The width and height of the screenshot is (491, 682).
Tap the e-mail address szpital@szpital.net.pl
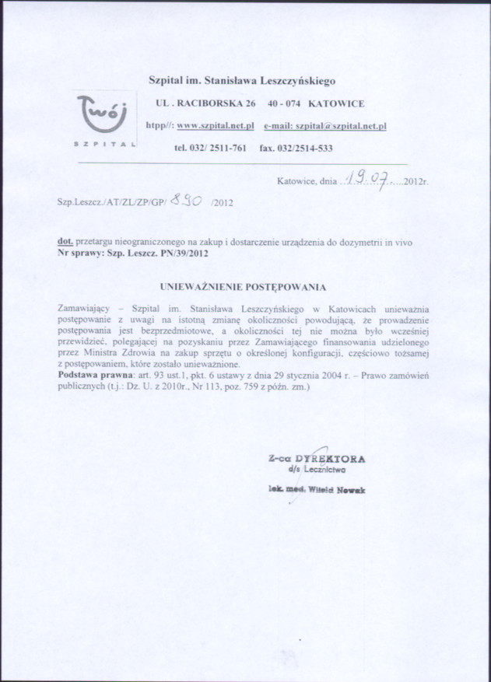[x=325, y=125]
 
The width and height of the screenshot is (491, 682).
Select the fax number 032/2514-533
[x=296, y=148]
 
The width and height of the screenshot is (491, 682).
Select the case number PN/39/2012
[x=184, y=254]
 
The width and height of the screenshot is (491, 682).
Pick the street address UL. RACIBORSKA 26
[x=206, y=103]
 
